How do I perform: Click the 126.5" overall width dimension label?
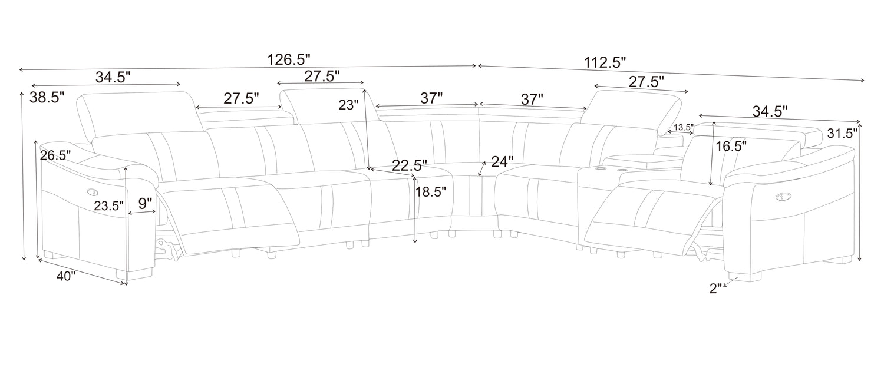[289, 59]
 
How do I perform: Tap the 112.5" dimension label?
[605, 63]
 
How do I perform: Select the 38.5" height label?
[47, 97]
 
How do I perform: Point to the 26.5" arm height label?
[55, 155]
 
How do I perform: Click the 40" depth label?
[65, 276]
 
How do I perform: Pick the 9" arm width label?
[145, 204]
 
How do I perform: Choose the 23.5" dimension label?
[109, 206]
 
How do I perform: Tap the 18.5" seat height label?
[431, 192]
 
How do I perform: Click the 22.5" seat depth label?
[410, 165]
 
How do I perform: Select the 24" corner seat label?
[502, 161]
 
